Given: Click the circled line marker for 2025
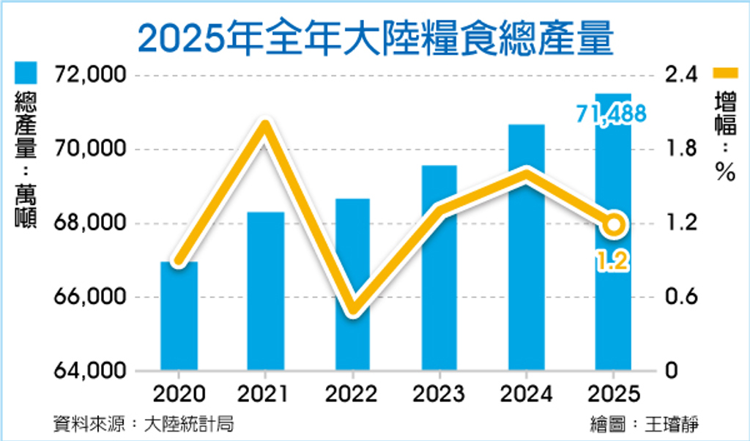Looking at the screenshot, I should [x=614, y=224].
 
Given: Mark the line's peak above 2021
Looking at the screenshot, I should [x=265, y=125].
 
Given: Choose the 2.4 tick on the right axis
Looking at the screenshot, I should [x=678, y=75].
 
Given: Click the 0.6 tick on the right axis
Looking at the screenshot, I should [x=678, y=297].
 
